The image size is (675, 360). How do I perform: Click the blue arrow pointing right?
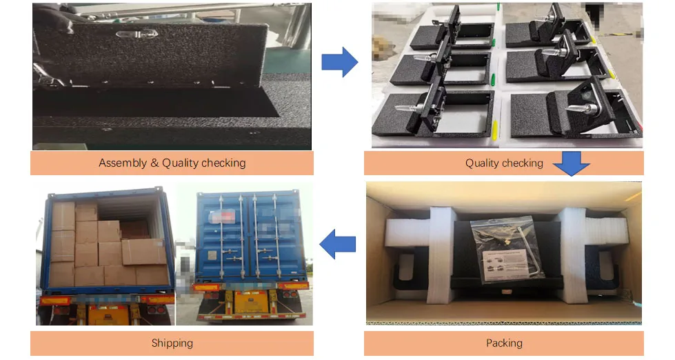coord(339,63)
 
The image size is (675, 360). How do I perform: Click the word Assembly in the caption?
coord(123,163)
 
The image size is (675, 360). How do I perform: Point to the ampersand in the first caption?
coord(154,163)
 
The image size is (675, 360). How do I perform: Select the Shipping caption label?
coord(172,343)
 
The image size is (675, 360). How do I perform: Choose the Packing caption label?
coord(504,343)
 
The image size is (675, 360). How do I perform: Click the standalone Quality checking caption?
coord(504,163)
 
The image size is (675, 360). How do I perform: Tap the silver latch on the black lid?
coord(130,34)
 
